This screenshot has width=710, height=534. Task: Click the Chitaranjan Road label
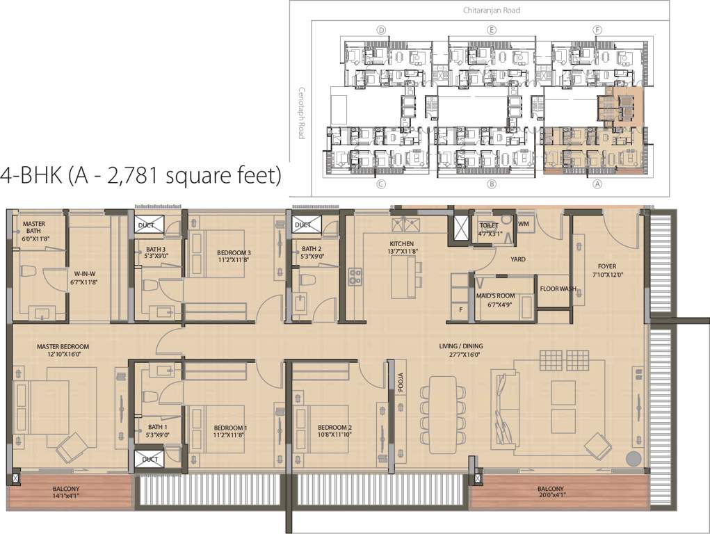click(494, 10)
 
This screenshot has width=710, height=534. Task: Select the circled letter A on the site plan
click(596, 184)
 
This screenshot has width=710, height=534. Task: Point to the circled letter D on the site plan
click(380, 30)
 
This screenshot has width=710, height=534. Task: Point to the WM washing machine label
click(524, 223)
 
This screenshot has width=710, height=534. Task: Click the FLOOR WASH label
click(558, 289)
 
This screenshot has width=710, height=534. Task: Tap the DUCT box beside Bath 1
click(150, 460)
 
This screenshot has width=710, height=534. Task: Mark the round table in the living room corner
click(634, 459)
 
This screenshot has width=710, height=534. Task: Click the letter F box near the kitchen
click(460, 310)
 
